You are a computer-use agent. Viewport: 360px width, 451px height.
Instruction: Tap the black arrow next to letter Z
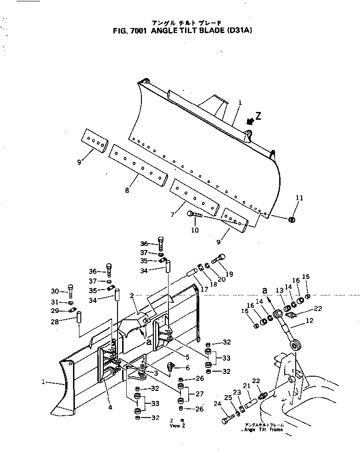click(x=250, y=121)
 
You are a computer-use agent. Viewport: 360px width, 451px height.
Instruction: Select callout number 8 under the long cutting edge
click(x=126, y=189)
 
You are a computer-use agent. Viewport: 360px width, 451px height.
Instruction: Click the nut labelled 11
click(x=291, y=220)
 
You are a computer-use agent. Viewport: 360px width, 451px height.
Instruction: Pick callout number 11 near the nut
click(x=299, y=198)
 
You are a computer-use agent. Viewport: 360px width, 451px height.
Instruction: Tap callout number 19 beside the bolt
click(x=229, y=274)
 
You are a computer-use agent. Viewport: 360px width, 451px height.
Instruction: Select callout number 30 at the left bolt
click(x=55, y=291)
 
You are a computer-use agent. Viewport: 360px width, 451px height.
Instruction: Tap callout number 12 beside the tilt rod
click(x=309, y=321)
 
